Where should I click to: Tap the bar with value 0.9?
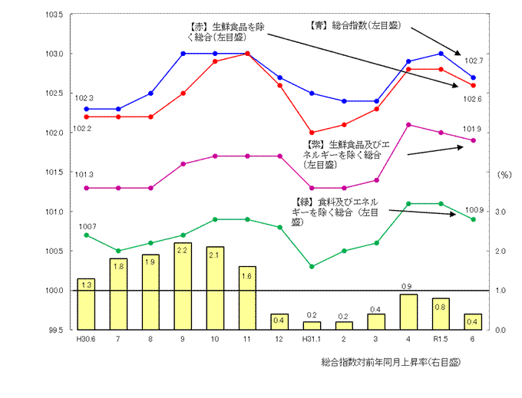(408, 311)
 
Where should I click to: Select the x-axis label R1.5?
(441, 338)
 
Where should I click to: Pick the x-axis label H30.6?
(85, 338)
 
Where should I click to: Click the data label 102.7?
(474, 61)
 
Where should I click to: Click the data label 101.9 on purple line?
(474, 129)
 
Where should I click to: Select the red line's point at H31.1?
(312, 133)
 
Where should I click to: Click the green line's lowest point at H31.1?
(312, 266)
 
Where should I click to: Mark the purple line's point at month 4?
(408, 124)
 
